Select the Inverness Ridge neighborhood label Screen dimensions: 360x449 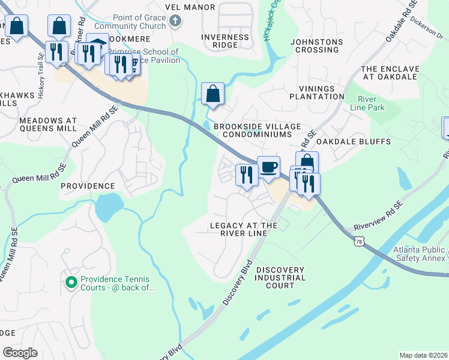(226, 41)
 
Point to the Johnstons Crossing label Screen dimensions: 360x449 (316, 46)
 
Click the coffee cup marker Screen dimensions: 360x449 (268, 167)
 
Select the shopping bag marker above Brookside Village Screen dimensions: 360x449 (212, 94)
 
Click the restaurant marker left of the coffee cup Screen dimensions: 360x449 (246, 175)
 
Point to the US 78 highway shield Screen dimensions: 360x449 (359, 241)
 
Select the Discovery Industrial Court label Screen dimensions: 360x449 (280, 278)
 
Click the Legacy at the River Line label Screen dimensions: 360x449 (243, 229)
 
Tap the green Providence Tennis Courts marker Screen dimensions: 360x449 (71, 281)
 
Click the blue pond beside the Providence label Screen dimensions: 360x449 (108, 207)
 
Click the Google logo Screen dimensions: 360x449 (20, 353)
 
